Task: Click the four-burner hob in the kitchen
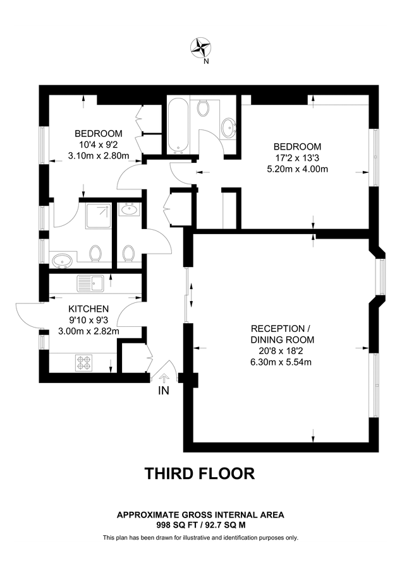[x=85, y=362]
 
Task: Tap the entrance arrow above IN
[x=164, y=378]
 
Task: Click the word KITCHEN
[x=88, y=309]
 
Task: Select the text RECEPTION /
[x=281, y=329]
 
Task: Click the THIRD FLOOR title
[x=200, y=473]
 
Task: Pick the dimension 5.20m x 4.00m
[x=298, y=169]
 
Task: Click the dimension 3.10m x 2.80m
[x=98, y=155]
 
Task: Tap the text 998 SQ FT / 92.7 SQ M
[x=200, y=524]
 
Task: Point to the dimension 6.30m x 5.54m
[x=281, y=362]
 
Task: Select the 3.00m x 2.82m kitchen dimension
[x=88, y=331]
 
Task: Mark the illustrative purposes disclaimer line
[x=200, y=538]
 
